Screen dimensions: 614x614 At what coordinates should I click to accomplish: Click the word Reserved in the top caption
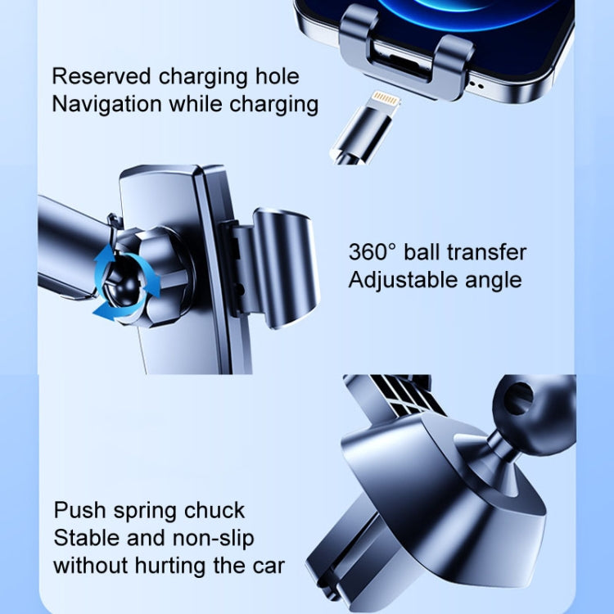tap(100, 77)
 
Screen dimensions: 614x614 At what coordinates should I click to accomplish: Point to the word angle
tap(489, 280)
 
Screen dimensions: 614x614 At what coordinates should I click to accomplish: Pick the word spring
tap(144, 511)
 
